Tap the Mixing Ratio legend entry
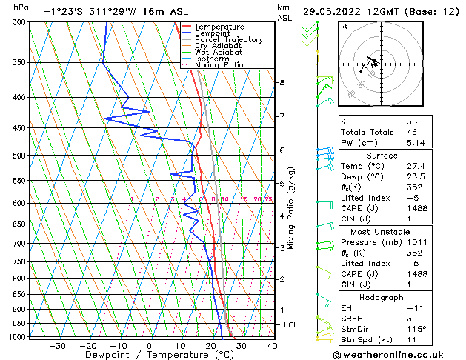219,64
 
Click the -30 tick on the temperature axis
57,346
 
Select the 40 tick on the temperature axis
272,346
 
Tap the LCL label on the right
292,325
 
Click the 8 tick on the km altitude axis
282,82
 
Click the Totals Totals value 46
412,132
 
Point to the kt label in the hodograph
344,26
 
